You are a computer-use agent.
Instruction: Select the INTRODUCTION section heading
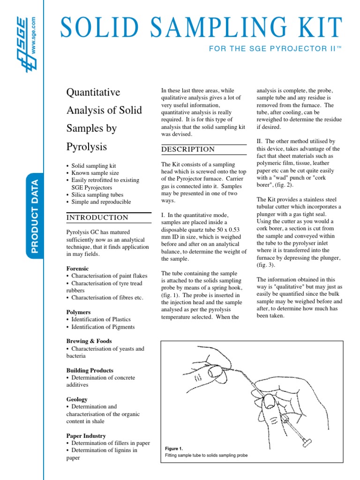[x=97, y=217]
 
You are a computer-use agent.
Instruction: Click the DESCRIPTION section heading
[x=188, y=149]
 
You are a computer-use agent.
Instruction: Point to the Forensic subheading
[x=77, y=269]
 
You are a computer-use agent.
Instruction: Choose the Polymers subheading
[x=78, y=312]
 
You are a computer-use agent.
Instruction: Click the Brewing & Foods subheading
[x=89, y=341]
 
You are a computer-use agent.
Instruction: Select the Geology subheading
[x=77, y=399]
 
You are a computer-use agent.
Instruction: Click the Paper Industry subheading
[x=86, y=435]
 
